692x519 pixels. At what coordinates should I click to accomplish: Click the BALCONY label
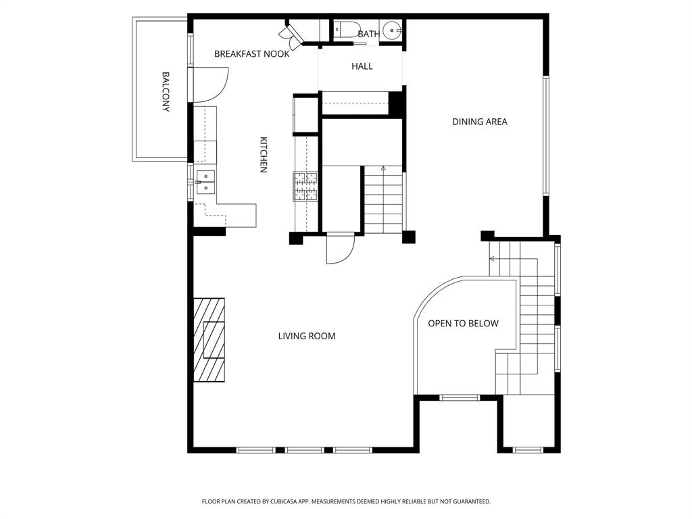[166, 91]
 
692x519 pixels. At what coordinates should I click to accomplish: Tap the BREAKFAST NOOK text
[251, 54]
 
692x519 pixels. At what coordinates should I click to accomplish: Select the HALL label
[362, 66]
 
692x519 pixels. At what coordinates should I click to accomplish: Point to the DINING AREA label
[479, 122]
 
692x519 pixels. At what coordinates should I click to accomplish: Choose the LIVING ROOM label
[307, 336]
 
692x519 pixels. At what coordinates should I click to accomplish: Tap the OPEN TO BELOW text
[463, 324]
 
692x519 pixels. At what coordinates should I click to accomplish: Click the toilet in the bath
[344, 30]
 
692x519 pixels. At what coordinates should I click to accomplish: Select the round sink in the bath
[391, 30]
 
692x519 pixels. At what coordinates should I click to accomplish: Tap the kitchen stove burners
[305, 186]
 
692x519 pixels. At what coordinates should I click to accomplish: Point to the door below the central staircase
[340, 249]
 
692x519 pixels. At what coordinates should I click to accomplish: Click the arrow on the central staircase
[383, 169]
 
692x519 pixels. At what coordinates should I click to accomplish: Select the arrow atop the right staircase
[493, 259]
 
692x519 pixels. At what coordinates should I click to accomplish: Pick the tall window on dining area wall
[545, 135]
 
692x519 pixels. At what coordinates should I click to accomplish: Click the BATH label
[369, 34]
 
